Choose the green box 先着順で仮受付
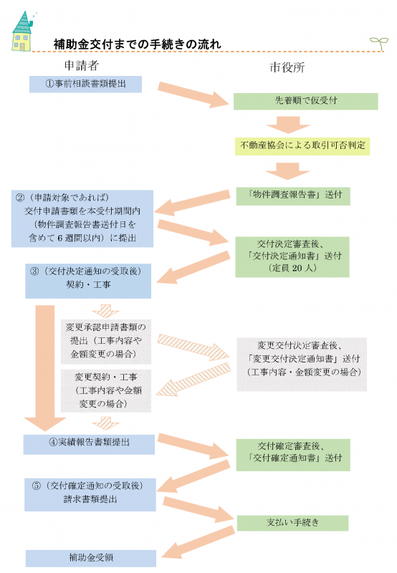pos(305,100)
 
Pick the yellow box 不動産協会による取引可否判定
pos(305,145)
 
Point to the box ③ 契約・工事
pos(88,277)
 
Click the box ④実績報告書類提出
pos(89,443)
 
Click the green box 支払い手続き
pos(292,522)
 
